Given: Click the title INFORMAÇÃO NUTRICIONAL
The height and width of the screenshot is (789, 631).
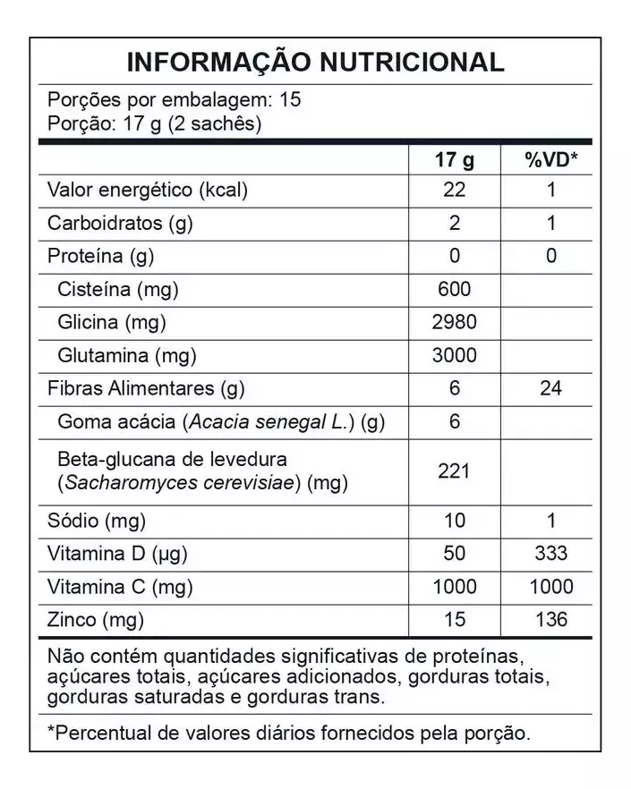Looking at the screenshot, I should pos(315,62).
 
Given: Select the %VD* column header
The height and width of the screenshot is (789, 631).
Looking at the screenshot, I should pos(550,160).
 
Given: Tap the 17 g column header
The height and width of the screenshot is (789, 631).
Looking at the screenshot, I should pos(454,160).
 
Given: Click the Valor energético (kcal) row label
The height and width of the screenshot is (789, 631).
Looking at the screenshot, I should pos(148,191).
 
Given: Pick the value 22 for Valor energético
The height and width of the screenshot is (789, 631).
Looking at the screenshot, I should pos(454,191).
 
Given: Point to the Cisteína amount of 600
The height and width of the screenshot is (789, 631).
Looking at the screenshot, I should pos(454,290).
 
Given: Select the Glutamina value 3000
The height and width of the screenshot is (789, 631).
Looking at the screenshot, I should pos(454,356).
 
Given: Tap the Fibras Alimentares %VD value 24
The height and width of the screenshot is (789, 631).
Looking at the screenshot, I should pos(550,389).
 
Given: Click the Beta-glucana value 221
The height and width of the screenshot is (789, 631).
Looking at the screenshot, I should pos(454,471).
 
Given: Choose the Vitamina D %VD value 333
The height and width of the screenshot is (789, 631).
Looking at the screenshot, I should pos(550,553).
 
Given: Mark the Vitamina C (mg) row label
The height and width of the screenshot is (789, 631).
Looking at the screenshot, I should pos(121,587).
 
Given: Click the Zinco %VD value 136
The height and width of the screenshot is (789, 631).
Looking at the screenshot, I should pos(550,619).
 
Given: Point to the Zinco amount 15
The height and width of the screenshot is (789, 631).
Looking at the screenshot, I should pos(454,619).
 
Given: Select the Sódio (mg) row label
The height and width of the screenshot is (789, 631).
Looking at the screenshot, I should pos(97,521).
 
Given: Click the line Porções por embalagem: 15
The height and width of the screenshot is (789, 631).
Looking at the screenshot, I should pos(174,100).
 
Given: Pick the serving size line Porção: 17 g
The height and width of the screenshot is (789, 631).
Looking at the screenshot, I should pos(154,123).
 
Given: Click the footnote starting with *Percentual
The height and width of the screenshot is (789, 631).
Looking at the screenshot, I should pos(289,734).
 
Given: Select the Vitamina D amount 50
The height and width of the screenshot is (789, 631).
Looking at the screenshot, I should pos(454,553).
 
